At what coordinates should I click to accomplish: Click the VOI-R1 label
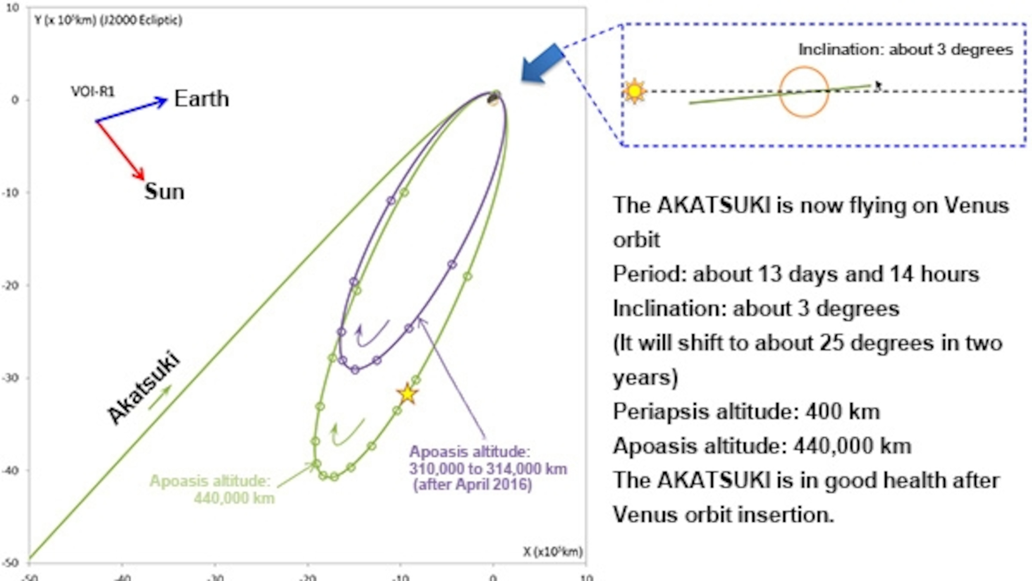tap(92, 92)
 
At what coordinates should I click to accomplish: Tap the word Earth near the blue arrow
tap(202, 99)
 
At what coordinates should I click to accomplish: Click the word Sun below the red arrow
tap(164, 191)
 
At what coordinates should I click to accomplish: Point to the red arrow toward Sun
tap(120, 150)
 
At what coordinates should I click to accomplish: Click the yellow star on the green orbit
tap(407, 394)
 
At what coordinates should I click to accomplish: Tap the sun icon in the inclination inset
tap(635, 92)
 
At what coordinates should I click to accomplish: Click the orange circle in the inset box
tap(804, 92)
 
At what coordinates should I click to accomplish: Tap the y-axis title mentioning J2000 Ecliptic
tap(108, 20)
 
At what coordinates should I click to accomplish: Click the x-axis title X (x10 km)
tap(553, 552)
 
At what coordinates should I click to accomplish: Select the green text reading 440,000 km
tap(234, 498)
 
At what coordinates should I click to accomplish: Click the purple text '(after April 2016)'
tap(473, 485)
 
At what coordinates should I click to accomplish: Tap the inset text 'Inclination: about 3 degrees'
tap(905, 50)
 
